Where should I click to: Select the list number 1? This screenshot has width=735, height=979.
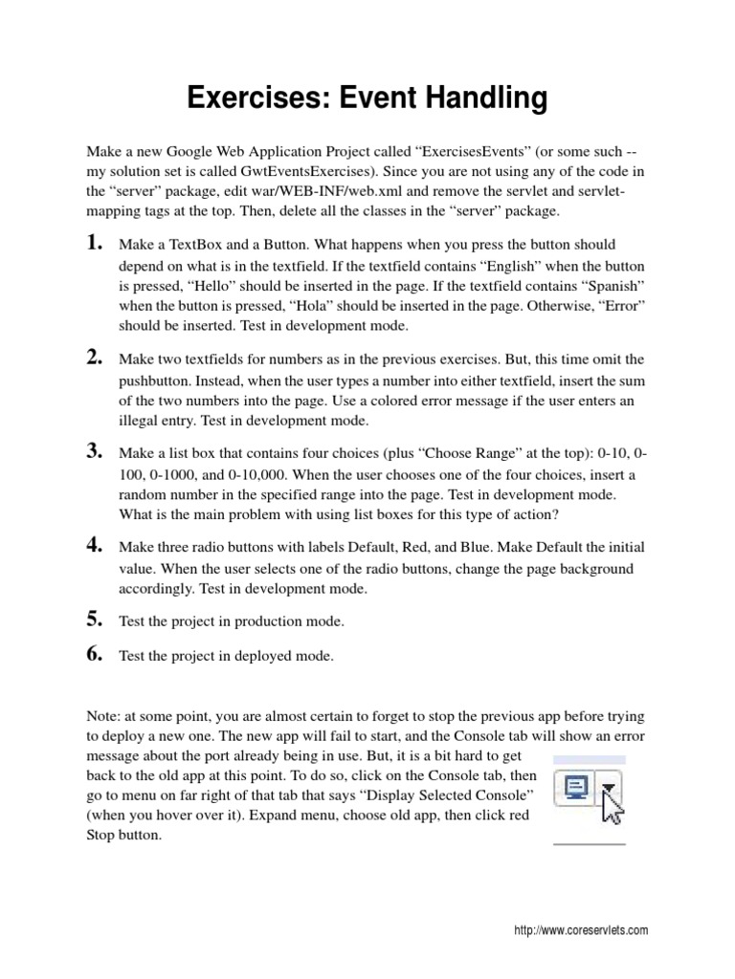(95, 243)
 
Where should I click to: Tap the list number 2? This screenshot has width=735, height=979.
(95, 358)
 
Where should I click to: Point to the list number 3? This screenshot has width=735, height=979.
(95, 450)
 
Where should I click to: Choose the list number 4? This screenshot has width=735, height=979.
(95, 545)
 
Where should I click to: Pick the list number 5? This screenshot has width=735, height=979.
(95, 619)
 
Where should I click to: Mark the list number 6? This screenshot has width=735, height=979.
(95, 654)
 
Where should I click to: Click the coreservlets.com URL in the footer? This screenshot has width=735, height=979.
(581, 930)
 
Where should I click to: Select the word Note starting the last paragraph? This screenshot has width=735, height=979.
(103, 716)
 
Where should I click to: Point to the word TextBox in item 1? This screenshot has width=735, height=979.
(194, 246)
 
